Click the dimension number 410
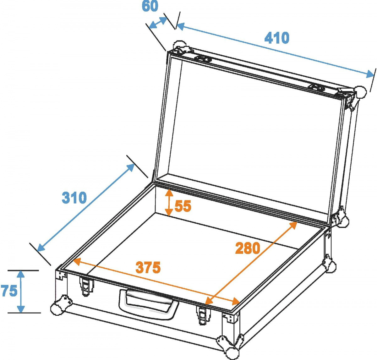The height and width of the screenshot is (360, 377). coord(276,38)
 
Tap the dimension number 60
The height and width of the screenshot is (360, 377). coord(150,6)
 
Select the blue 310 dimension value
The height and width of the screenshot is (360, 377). coord(74,198)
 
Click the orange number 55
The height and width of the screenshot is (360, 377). coord(183,206)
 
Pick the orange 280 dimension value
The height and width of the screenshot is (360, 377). coord(248,248)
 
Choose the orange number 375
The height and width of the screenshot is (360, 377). coord(148,268)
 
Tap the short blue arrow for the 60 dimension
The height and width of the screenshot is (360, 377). coord(158,23)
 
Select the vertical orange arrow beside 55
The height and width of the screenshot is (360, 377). coord(169,202)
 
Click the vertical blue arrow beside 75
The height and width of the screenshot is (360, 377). coord(21,292)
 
